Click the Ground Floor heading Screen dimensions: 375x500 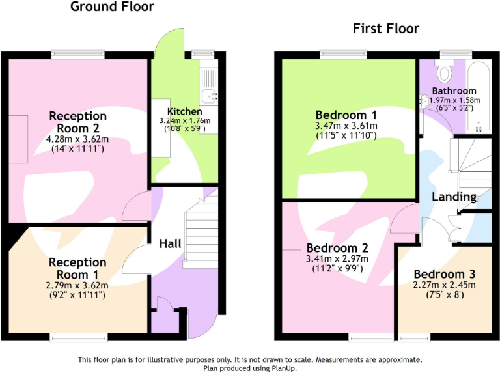click(x=112, y=7)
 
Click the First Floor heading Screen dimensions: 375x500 click(x=386, y=28)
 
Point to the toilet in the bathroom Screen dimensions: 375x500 click(x=447, y=70)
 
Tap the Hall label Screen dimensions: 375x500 click(x=170, y=243)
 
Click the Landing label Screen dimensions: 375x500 click(x=454, y=197)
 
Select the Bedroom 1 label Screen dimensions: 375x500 click(x=346, y=115)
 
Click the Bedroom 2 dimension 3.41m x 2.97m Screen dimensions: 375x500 click(x=337, y=258)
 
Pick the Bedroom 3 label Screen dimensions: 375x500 click(x=445, y=274)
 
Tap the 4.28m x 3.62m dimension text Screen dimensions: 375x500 click(x=77, y=139)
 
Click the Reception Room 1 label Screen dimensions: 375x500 click(x=77, y=268)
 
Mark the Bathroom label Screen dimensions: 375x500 click(x=454, y=91)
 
